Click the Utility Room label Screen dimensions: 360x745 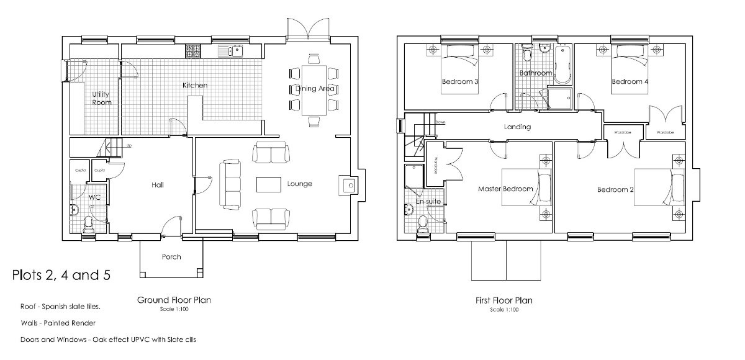point(101,98)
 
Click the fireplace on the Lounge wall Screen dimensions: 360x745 point(348,184)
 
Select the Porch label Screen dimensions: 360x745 point(171,256)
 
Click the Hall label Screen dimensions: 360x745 point(157,184)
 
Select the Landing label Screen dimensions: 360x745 point(517,127)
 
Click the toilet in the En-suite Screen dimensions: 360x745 point(424,224)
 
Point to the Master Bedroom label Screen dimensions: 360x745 point(505,189)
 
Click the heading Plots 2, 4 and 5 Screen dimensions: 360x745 point(61,275)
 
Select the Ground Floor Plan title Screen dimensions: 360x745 point(173,300)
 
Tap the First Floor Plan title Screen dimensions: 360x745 point(503,300)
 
